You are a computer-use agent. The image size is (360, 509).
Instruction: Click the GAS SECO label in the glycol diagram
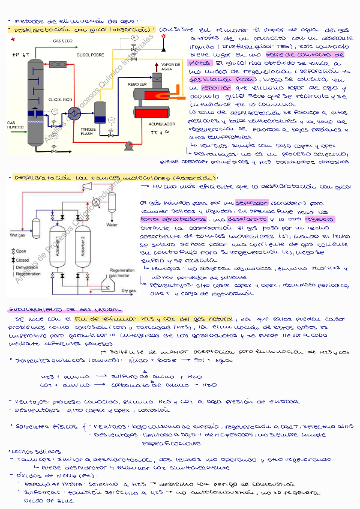click(63, 41)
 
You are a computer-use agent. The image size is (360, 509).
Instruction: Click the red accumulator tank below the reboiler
click(151, 111)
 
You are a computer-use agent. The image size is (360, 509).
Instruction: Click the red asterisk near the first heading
click(13, 40)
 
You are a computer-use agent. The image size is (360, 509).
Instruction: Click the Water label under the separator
click(112, 225)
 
